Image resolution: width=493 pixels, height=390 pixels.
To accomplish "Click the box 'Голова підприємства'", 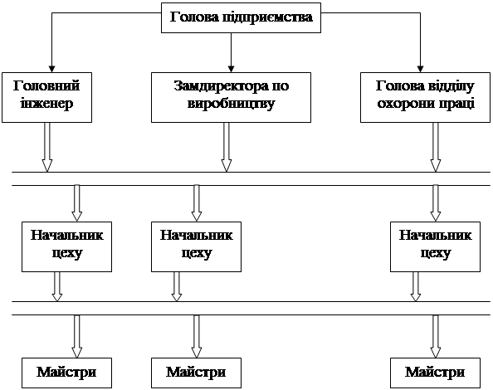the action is pos(241,18).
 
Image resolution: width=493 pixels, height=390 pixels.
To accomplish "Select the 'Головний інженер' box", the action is pos(46,97).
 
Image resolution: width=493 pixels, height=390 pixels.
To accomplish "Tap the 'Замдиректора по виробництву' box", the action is pos(231,97).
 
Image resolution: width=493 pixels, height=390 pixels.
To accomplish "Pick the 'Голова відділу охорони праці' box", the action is pos(425,97).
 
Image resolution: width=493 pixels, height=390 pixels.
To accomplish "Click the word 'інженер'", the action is pos(46,104).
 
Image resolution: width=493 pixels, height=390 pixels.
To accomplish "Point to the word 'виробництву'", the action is pos(231,104).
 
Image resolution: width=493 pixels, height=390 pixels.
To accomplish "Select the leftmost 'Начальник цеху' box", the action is pos(66,246).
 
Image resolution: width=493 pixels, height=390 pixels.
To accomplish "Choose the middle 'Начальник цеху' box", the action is pos(196,246).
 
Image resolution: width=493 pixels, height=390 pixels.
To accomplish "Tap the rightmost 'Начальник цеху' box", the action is pos(435,246).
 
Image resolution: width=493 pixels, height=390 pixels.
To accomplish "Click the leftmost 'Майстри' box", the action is pos(66,373).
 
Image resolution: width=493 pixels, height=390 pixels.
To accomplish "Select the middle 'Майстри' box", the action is pos(196,373).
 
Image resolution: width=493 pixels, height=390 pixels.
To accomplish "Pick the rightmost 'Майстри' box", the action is pos(435,373).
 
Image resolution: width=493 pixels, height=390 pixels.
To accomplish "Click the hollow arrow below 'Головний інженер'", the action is pos(46,147).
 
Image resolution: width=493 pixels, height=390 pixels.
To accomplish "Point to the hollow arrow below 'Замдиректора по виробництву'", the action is pos(227,147).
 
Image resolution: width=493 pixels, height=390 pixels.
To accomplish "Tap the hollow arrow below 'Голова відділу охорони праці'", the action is pos(436,147).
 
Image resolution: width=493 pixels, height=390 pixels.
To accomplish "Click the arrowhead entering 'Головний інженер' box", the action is pos(52,69).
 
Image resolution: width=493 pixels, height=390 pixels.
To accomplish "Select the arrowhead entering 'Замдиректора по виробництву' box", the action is pos(231,69).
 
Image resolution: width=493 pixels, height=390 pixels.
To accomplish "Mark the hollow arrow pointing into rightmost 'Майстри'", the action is pos(436,336).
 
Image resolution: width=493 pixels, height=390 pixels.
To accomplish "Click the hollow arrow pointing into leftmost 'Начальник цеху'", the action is pos(76,203).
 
